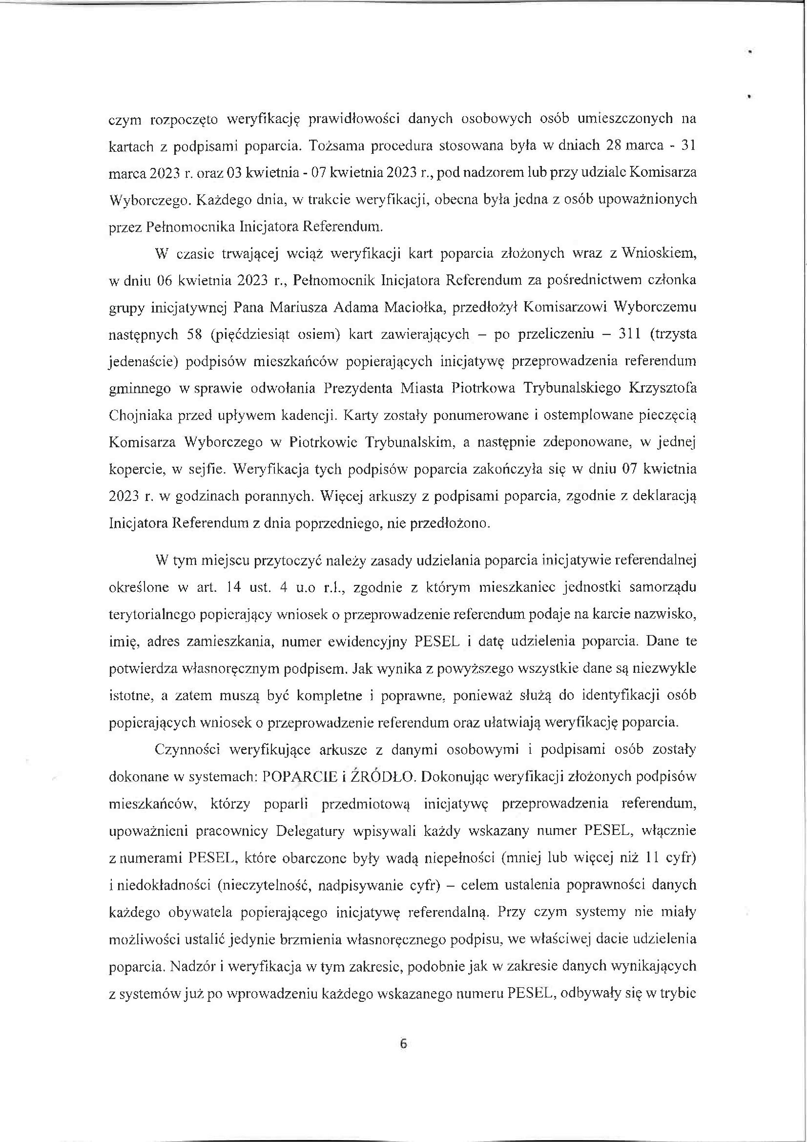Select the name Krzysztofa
663,388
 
